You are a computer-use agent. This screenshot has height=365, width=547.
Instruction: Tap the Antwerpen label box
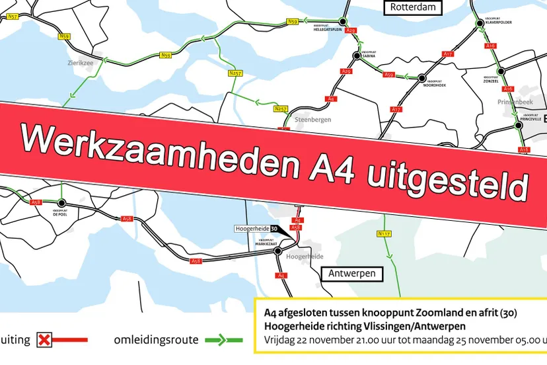click(353, 273)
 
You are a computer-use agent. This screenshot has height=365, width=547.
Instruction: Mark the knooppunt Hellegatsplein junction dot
click(342, 22)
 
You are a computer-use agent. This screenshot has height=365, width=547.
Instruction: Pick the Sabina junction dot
click(357, 56)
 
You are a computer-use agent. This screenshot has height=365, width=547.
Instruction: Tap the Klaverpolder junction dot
click(480, 22)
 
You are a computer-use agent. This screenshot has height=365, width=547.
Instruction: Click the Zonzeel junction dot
click(501, 70)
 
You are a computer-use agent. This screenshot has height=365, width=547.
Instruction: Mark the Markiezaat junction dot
click(278, 251)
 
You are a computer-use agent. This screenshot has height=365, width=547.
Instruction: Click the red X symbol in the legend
click(45, 340)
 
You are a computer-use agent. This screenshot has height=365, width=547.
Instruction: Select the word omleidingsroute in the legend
click(156, 340)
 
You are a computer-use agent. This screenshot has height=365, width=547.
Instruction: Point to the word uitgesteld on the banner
click(449, 179)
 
